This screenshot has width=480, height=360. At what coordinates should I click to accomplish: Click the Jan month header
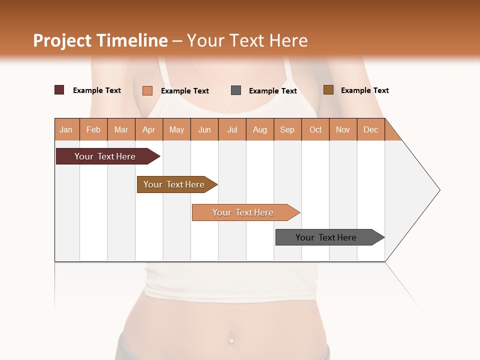click(x=66, y=129)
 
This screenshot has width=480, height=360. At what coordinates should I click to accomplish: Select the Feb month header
click(x=93, y=129)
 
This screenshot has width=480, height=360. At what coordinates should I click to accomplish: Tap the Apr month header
click(x=148, y=129)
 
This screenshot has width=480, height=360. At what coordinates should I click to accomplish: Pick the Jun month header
click(x=204, y=129)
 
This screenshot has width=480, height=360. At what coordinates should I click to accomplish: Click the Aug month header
click(x=259, y=129)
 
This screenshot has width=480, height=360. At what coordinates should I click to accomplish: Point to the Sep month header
click(x=287, y=129)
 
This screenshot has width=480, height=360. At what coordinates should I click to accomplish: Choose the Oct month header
click(x=315, y=129)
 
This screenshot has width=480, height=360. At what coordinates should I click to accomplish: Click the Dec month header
click(x=370, y=129)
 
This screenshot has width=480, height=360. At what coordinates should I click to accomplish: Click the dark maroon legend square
click(x=59, y=90)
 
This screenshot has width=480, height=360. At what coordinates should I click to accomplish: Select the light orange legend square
click(x=147, y=90)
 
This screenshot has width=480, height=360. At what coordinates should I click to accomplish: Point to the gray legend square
click(x=236, y=90)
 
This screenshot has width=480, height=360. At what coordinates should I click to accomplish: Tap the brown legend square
click(x=328, y=90)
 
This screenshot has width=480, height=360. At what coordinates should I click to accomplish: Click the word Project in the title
click(x=61, y=40)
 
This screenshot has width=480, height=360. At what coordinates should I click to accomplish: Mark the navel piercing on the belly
click(x=231, y=336)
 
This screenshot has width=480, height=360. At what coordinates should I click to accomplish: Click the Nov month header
click(x=342, y=129)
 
